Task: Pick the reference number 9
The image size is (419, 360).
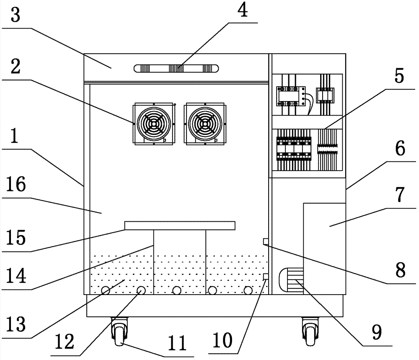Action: point(376,333)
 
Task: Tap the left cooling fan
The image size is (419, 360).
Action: point(154,124)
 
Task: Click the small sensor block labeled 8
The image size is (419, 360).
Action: point(265,241)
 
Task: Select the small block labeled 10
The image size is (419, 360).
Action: point(265,277)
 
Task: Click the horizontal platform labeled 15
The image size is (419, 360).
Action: point(180,226)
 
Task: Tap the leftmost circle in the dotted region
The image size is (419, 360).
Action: point(105,290)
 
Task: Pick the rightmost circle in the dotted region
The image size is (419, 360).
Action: point(248,290)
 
